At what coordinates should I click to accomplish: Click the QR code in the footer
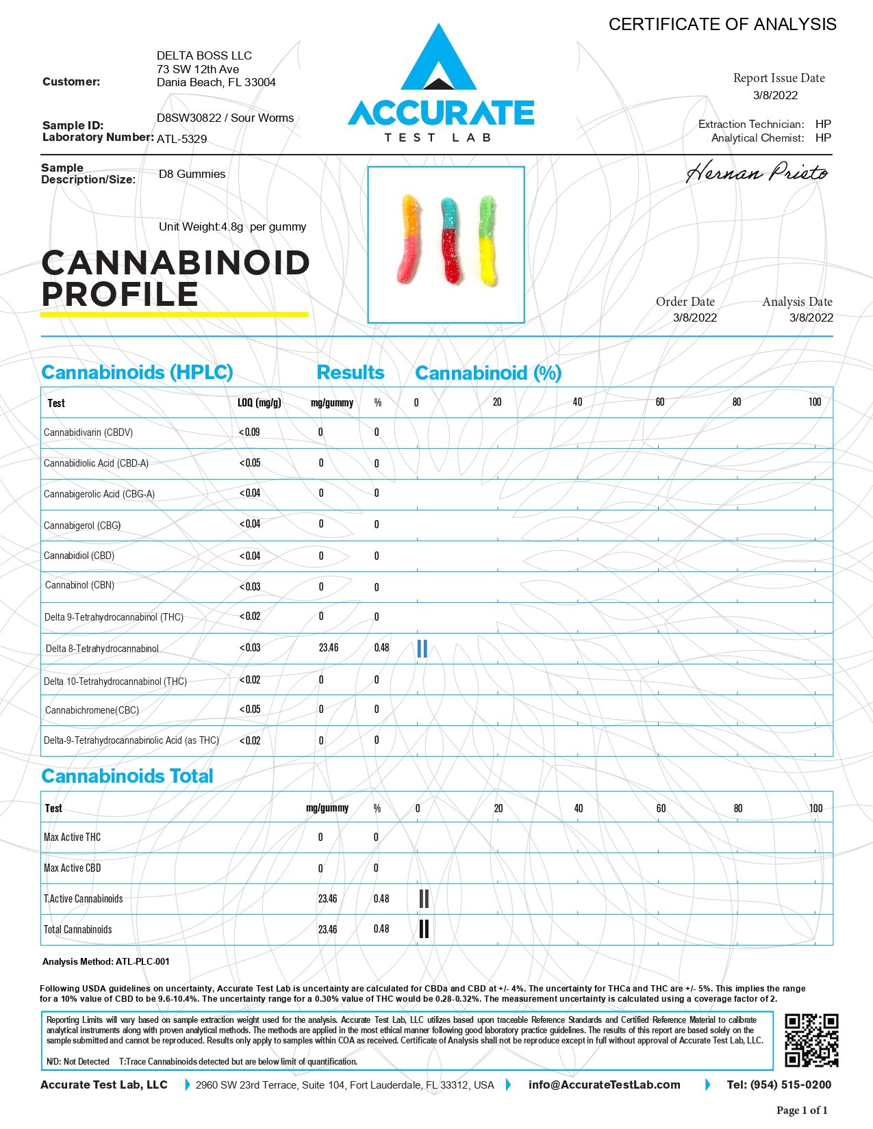[x=811, y=1040]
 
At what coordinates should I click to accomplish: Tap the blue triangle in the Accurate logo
[x=438, y=62]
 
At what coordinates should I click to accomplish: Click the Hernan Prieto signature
[x=757, y=172]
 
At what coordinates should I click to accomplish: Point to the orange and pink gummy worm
[x=409, y=239]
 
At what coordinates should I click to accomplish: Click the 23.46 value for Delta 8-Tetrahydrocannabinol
[x=329, y=647]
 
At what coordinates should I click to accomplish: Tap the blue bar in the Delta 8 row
[x=422, y=649]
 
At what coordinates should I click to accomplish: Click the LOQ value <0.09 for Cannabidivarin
[x=249, y=432]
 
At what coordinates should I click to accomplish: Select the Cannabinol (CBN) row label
[x=79, y=585]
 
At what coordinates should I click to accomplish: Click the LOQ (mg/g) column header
[x=260, y=402]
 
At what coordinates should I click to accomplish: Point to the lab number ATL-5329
[x=181, y=139]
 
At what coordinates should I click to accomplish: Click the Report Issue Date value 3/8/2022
[x=775, y=95]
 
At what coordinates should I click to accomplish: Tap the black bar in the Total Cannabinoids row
[x=424, y=929]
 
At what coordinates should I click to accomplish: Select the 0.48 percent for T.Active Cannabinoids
[x=381, y=898]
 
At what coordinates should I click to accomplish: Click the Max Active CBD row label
[x=72, y=868]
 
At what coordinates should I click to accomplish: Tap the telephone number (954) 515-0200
[x=779, y=1085]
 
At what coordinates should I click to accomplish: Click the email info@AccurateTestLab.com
[x=605, y=1085]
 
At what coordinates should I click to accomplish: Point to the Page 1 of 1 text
[x=802, y=1110]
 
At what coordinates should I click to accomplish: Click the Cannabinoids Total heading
[x=127, y=776]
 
